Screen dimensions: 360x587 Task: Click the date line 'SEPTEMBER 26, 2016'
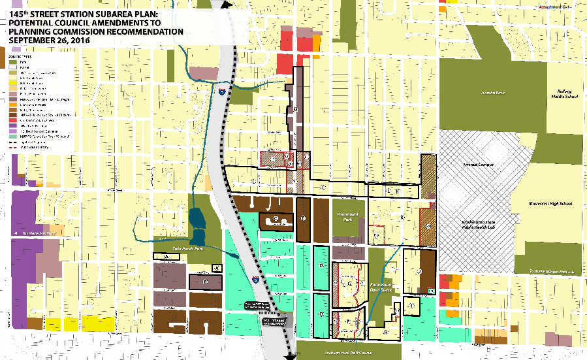click(x=50, y=41)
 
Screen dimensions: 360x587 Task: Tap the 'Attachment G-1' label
click(x=555, y=7)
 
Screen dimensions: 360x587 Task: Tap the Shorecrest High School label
click(x=550, y=203)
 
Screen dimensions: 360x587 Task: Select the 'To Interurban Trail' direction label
click(x=39, y=233)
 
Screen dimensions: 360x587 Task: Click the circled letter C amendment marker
click(x=276, y=218)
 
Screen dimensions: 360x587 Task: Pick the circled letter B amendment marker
click(x=205, y=282)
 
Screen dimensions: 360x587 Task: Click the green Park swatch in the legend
click(x=13, y=62)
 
